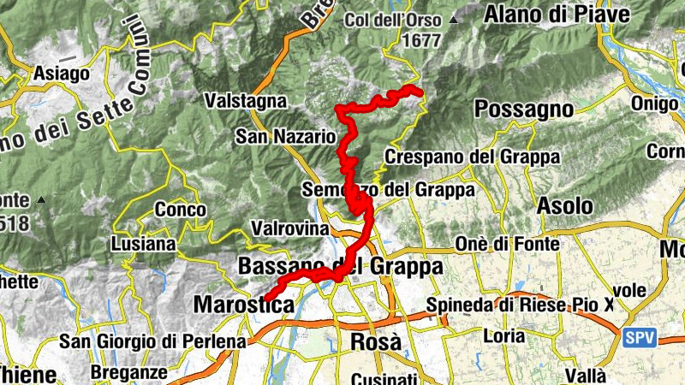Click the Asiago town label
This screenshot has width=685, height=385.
62,74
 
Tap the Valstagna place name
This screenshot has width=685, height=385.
245,101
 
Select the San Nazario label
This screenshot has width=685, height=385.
286,136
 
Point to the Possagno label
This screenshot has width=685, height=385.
523,109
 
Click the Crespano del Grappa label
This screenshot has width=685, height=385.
472,157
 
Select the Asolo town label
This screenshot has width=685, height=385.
564,206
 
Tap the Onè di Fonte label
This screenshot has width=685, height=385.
508,244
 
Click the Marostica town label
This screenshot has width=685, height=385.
244,304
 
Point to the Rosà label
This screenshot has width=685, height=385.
376,341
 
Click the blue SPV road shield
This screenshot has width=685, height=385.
640,338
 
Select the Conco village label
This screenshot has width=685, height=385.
181,210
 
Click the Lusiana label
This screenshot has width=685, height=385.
143,245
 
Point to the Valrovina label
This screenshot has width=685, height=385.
290,229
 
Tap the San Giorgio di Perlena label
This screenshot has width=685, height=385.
152,341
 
